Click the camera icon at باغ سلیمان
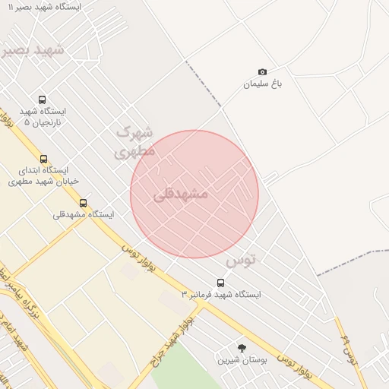click(x=263, y=71)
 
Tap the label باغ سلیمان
click(x=262, y=84)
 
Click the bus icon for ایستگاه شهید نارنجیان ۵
click(x=42, y=100)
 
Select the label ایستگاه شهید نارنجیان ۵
click(x=46, y=116)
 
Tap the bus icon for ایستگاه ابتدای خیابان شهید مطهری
click(x=43, y=160)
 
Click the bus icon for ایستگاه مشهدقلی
click(x=83, y=203)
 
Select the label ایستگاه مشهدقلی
click(x=83, y=215)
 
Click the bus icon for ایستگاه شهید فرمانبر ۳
click(x=220, y=283)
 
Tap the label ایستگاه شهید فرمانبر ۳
click(x=221, y=294)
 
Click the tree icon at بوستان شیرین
click(x=242, y=347)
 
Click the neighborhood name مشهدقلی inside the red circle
click(x=181, y=194)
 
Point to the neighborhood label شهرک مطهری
click(x=135, y=141)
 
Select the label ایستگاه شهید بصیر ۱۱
click(x=46, y=7)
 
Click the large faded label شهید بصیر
click(x=34, y=50)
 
